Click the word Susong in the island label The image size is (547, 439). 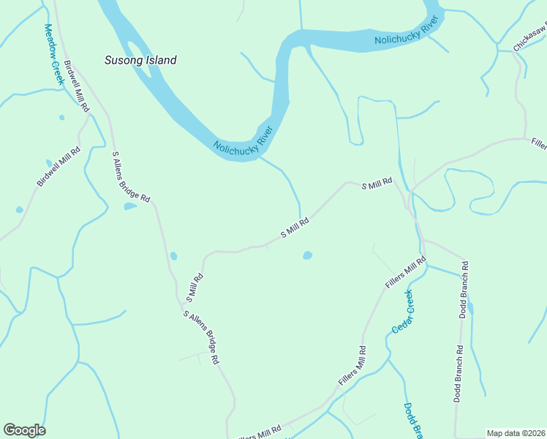[125, 60]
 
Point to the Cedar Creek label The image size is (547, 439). [402, 312]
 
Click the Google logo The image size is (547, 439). [24, 430]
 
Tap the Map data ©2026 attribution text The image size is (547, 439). [515, 433]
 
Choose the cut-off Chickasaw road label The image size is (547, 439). [529, 39]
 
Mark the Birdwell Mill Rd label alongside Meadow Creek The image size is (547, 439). [77, 86]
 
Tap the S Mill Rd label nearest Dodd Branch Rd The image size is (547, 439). [377, 184]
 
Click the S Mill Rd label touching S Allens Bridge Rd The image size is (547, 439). [194, 288]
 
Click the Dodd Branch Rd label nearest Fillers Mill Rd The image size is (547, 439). [464, 289]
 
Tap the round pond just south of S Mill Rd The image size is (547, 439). [307, 255]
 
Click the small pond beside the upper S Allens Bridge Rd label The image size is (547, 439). [130, 206]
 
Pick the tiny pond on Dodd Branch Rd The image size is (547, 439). [470, 309]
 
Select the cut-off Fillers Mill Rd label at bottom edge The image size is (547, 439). [257, 433]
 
